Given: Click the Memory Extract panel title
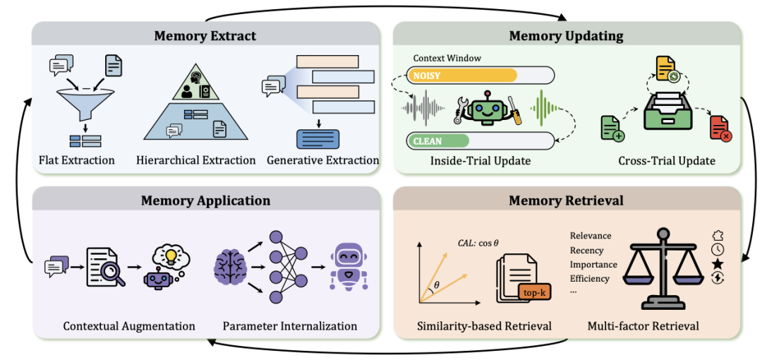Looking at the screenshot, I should [205, 35].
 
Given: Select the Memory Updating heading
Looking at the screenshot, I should [566, 35].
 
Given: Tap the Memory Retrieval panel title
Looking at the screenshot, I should [566, 200].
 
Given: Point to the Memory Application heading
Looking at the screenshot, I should [205, 200].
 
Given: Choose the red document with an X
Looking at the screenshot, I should [720, 129].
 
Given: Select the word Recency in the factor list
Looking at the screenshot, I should [586, 251].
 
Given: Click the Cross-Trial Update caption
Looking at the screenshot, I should [666, 161].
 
